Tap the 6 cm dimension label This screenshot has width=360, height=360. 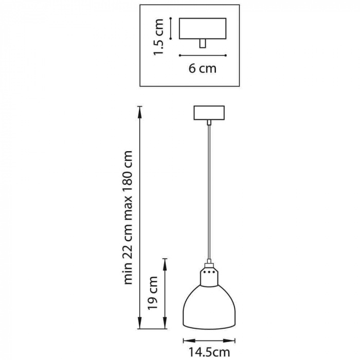pos(202,68)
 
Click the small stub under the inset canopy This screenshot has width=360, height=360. pos(203,44)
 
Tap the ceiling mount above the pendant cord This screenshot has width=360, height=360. pos(209,113)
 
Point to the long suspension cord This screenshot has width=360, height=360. pos(209,195)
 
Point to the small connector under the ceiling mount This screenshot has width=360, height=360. pos(209,122)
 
